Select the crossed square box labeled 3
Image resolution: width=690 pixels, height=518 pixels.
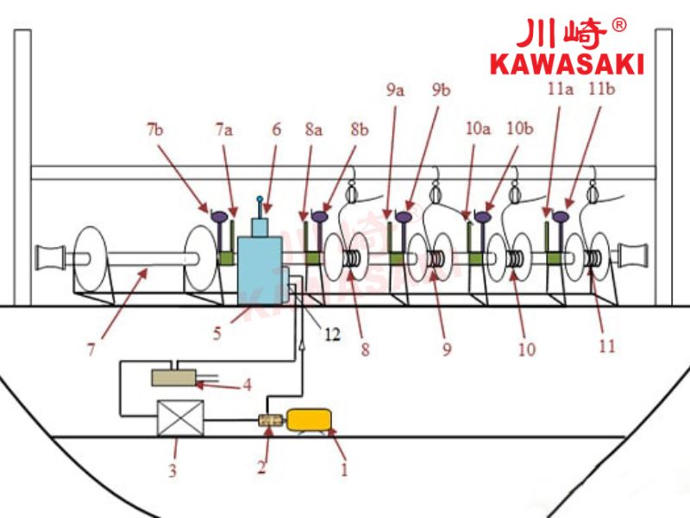(177, 418)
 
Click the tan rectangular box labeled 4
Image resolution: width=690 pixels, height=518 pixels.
(174, 377)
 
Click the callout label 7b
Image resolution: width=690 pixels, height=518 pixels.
(154, 129)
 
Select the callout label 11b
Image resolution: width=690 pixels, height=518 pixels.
(601, 88)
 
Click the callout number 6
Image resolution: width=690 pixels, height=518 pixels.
(276, 129)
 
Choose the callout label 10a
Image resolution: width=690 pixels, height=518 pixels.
(477, 129)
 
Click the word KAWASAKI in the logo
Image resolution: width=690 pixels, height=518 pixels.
(566, 63)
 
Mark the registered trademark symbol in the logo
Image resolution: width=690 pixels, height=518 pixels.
(618, 26)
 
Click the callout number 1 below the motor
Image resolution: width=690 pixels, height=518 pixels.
(344, 470)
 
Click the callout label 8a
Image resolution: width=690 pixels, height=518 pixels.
(314, 129)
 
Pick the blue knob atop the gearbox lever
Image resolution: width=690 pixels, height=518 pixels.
(260, 199)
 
